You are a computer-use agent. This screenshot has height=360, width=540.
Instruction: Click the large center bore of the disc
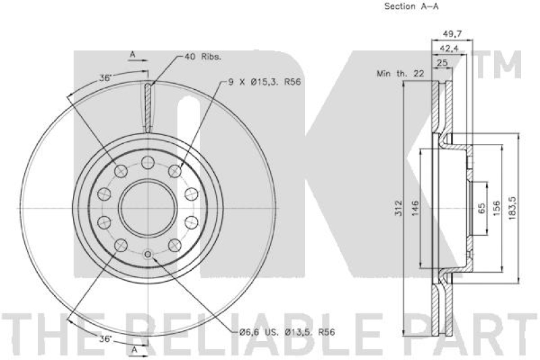coord(148,207)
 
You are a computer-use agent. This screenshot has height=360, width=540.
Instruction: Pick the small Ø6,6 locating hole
coord(148,254)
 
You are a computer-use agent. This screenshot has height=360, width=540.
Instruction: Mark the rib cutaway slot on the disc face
coord(148,105)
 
